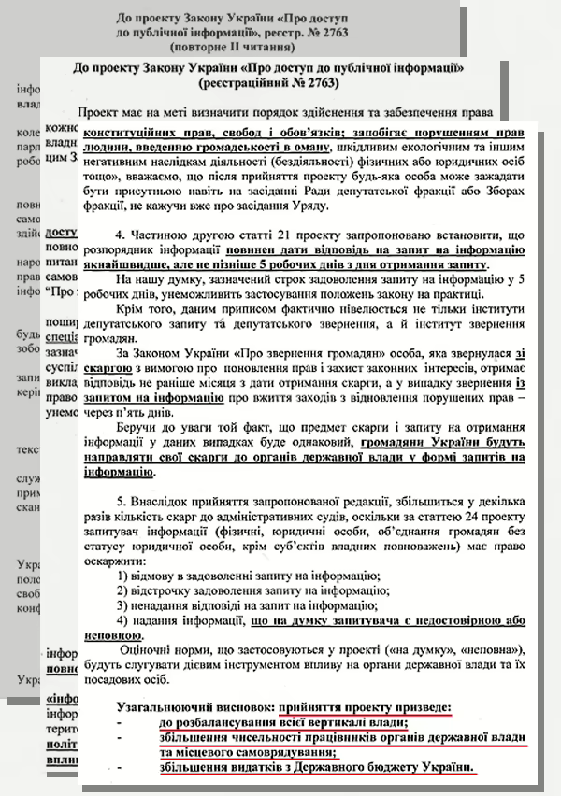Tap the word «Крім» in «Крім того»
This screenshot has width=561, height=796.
[x=134, y=306]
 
